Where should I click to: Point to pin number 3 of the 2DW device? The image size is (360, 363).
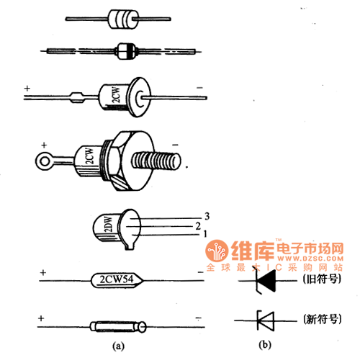point(206,216)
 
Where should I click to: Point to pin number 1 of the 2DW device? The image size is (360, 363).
point(206,233)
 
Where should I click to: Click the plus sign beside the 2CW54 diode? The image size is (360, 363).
point(43,274)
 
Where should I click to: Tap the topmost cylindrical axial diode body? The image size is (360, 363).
point(123,19)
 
